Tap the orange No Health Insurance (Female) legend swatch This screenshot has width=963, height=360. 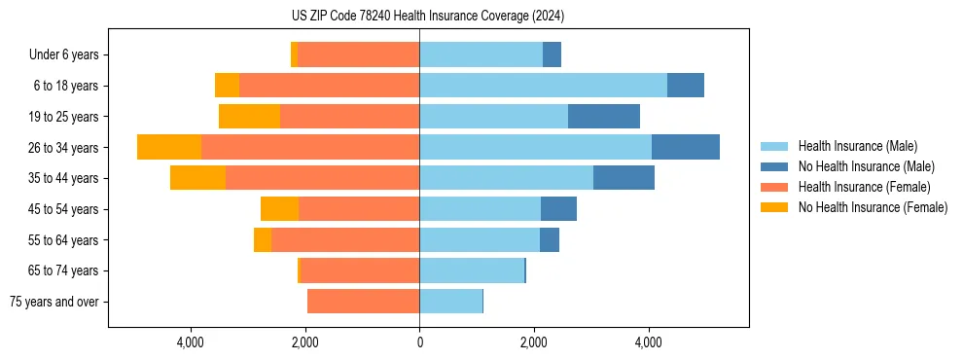coord(773,207)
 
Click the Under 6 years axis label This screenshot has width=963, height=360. coord(63,55)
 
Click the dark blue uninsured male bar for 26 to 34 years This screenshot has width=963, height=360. coord(686,147)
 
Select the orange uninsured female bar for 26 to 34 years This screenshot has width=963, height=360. coord(169,147)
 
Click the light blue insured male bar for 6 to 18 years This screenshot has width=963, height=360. coord(543,86)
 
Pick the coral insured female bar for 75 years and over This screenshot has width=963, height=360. coord(363,302)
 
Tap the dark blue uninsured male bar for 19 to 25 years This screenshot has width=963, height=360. coord(604,117)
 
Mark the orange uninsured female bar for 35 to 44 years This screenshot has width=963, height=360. coord(197,178)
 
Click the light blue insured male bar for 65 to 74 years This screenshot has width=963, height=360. coord(472,270)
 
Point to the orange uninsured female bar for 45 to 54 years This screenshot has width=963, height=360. coord(279,209)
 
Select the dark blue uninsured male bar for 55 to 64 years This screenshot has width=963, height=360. coord(550,239)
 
